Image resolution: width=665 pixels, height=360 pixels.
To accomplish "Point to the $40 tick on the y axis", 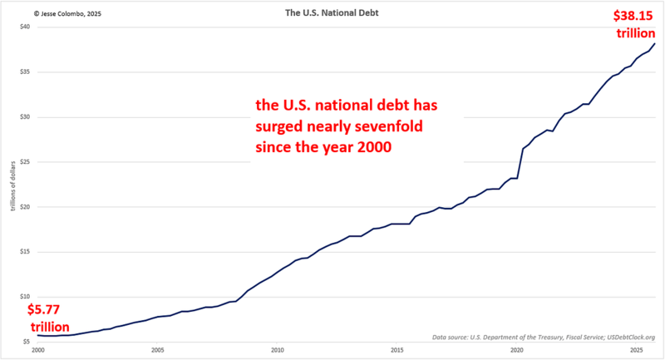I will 26,27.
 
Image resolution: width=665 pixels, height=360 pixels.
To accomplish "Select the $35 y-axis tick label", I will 26,72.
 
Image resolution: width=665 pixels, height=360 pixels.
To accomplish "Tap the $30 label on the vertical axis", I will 26,116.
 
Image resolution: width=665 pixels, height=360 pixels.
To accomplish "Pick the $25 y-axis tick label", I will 26,161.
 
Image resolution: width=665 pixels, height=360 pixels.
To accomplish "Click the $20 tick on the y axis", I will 26,207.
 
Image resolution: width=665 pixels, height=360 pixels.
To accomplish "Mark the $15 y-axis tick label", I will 26,252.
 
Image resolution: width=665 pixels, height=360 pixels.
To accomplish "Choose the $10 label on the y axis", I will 26,297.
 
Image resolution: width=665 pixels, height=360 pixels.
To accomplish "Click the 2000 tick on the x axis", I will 38,350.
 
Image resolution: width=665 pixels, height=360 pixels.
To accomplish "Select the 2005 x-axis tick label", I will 158,350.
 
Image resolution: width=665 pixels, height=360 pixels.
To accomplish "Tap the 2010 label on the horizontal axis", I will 278,350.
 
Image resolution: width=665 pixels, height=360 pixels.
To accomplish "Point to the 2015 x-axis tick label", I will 397,350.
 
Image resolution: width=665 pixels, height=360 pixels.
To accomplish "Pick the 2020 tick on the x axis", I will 517,350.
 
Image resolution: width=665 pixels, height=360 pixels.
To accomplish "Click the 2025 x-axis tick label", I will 637,350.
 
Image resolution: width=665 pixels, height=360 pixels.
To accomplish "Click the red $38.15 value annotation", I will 633,16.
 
